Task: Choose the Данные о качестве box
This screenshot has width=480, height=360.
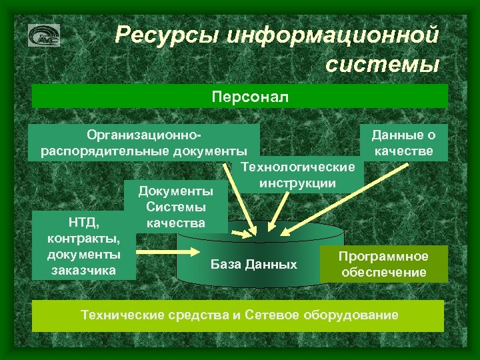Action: pyautogui.click(x=403, y=143)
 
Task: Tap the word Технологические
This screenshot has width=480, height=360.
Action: pyautogui.click(x=297, y=166)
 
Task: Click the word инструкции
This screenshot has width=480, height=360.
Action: pyautogui.click(x=297, y=182)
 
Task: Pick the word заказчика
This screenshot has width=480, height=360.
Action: pyautogui.click(x=83, y=270)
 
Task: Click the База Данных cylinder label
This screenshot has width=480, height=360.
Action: pyautogui.click(x=254, y=264)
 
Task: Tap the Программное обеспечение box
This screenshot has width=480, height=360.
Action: pyautogui.click(x=383, y=264)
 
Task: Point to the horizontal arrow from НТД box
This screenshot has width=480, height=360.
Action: pyautogui.click(x=167, y=252)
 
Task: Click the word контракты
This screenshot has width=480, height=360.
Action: pyautogui.click(x=83, y=238)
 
